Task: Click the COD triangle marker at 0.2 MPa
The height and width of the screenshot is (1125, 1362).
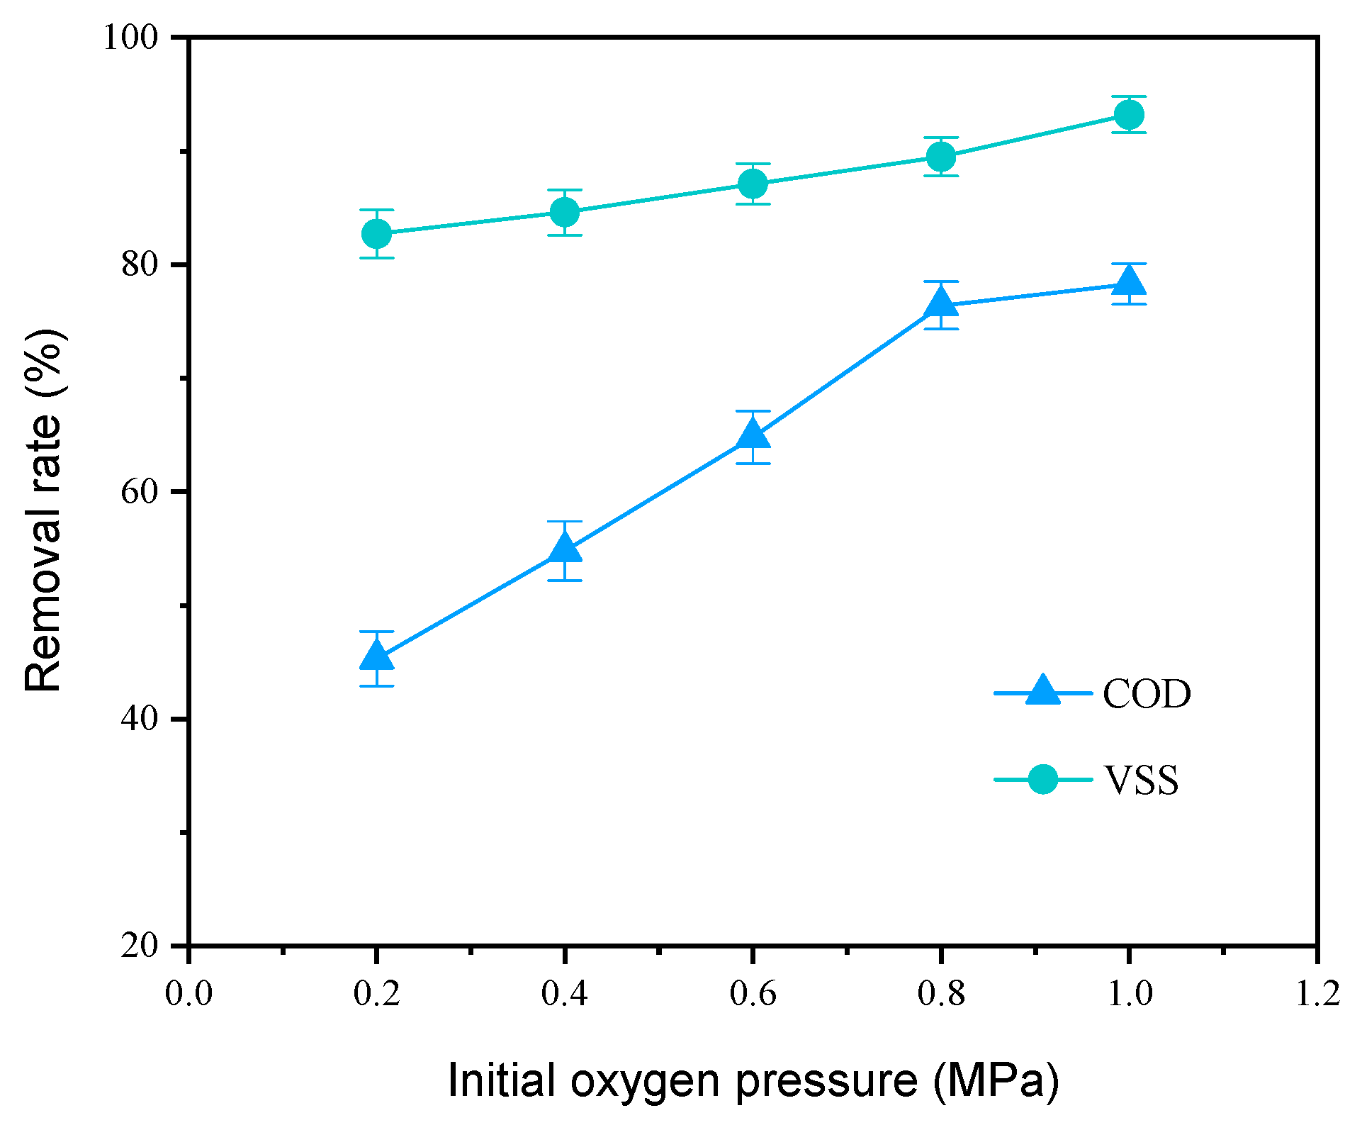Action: point(376,657)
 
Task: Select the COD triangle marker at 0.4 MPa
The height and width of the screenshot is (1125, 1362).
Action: point(565,549)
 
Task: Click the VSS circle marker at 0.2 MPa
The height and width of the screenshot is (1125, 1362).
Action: point(376,233)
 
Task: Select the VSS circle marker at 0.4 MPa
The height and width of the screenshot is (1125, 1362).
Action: point(565,211)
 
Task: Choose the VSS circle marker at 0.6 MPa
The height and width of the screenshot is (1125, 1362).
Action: point(753,184)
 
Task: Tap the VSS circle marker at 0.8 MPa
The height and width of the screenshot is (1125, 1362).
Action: point(941,156)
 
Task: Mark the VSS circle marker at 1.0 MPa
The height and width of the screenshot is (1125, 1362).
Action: point(1129,114)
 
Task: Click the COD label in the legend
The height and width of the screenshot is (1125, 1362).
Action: point(1147,694)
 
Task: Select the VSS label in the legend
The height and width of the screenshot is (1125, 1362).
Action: point(1141,780)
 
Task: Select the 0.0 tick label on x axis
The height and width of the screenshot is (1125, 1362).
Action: point(188,993)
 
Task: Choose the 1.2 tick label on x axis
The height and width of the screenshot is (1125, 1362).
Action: point(1317,993)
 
